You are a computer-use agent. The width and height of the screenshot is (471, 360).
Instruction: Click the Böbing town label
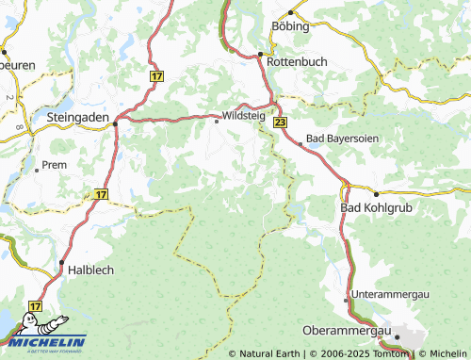[290, 26]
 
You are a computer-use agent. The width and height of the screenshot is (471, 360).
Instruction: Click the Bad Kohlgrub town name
[377, 206]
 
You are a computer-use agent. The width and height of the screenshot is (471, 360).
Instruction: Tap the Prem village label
[55, 164]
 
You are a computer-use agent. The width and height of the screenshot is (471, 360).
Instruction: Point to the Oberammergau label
[348, 331]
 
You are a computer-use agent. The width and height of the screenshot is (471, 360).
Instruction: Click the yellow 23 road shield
[280, 123]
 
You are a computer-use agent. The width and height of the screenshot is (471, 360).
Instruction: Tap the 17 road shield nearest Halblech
[35, 306]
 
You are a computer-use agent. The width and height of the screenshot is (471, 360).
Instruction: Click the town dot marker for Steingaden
[115, 122]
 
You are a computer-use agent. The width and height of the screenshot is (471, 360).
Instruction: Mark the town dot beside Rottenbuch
[261, 55]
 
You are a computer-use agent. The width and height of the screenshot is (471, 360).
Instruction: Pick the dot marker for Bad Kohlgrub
[377, 193]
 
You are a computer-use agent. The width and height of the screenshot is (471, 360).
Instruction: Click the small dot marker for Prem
[36, 171]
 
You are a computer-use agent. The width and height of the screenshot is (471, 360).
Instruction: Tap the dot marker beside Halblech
[61, 262]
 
